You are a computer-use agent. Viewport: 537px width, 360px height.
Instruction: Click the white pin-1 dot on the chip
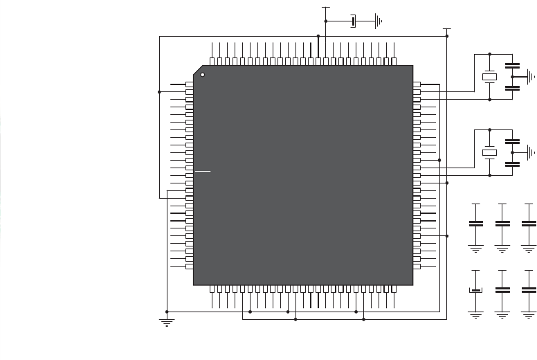point(203,75)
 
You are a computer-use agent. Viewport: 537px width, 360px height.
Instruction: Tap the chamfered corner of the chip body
point(198,71)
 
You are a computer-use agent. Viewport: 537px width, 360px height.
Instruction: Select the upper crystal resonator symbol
point(489,77)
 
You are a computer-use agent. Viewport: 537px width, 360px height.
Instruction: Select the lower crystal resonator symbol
point(489,152)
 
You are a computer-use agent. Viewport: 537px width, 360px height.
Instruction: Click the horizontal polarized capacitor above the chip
point(354,21)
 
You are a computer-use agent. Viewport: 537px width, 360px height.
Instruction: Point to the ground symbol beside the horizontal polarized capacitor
point(379,21)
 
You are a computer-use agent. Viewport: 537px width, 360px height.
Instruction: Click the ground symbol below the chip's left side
point(167,322)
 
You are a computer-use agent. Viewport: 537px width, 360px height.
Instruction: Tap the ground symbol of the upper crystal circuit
point(531,77)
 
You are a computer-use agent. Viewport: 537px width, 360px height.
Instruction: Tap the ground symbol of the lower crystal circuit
point(531,152)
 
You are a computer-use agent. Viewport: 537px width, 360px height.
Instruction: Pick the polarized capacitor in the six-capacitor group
point(475,291)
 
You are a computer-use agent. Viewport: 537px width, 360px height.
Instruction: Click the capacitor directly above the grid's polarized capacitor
point(475,224)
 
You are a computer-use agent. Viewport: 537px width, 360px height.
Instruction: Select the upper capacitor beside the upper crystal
point(512,66)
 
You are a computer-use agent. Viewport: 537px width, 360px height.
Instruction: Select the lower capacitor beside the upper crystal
point(512,88)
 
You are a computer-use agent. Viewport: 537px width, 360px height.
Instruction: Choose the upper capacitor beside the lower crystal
point(512,141)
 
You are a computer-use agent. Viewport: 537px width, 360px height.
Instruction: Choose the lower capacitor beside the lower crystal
point(512,164)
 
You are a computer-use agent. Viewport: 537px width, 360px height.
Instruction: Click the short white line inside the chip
point(202,170)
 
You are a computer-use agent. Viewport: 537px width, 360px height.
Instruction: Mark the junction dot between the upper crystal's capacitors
point(512,77)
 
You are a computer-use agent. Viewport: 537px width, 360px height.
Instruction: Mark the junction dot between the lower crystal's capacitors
point(512,152)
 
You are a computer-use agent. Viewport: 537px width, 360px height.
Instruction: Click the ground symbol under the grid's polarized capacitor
point(475,314)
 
